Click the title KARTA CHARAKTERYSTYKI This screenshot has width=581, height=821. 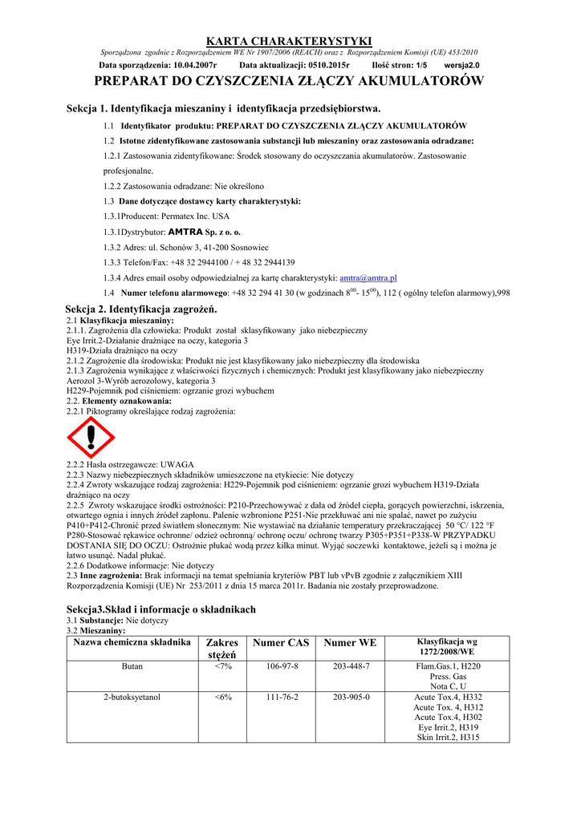coord(290,41)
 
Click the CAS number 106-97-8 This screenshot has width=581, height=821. coord(282,666)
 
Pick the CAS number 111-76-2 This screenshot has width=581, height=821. coord(282,698)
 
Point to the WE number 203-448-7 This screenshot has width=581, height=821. coord(351,666)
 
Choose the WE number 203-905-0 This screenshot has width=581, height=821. coord(351,698)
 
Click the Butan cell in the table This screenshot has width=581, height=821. coord(132,666)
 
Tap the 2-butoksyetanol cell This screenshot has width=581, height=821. coord(132,698)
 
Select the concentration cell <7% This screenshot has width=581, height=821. coord(223,666)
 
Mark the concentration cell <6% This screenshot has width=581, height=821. coord(223,698)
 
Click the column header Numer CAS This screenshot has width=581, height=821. coord(281,643)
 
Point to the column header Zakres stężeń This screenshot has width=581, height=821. coord(223,649)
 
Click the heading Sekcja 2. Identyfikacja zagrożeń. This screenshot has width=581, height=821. coord(141,309)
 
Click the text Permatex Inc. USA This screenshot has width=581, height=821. coord(193,216)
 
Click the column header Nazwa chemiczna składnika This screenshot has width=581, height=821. coord(132,643)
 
